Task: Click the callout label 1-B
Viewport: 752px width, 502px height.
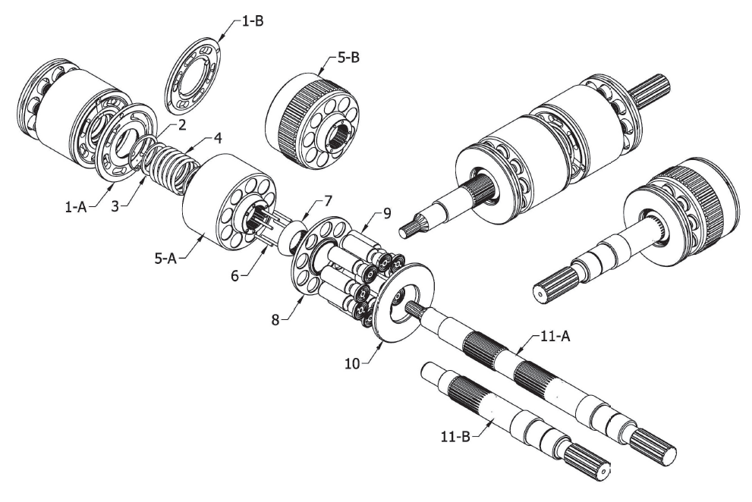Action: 252,21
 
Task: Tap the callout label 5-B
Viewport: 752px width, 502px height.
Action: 348,58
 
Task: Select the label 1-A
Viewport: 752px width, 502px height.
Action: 76,207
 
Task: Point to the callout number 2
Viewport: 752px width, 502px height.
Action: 182,124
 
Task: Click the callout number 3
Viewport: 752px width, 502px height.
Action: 115,207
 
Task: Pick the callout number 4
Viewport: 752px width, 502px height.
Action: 218,139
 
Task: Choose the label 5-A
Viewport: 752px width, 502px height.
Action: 165,259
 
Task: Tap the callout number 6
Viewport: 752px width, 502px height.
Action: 234,276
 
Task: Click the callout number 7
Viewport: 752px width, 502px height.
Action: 328,200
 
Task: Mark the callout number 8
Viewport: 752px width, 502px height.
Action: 275,320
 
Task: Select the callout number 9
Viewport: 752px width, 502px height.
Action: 387,212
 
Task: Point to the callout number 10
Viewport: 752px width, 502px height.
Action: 352,364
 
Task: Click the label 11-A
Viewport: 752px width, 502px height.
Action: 555,337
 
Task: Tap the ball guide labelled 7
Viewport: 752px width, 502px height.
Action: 293,236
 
